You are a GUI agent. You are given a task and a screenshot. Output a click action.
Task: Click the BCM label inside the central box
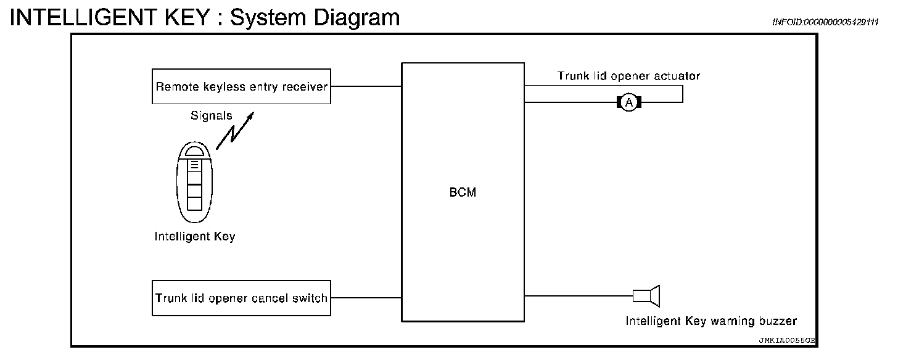click(x=463, y=192)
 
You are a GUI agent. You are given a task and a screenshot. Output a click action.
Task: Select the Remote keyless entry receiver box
click(x=241, y=86)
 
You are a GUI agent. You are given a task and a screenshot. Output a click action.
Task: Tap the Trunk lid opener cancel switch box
click(x=241, y=298)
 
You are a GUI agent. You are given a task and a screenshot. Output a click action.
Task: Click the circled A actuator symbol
click(x=628, y=102)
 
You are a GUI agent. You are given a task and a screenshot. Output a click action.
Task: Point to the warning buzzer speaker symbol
click(x=646, y=296)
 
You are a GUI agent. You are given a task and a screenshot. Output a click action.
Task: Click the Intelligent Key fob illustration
click(x=194, y=182)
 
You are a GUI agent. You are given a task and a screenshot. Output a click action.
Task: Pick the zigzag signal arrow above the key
click(x=235, y=131)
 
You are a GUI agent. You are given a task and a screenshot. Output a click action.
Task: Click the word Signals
click(x=212, y=115)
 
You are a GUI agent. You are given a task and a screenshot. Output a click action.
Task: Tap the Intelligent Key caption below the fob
click(x=195, y=237)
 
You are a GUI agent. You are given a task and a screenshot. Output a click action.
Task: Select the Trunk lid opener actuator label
click(x=628, y=76)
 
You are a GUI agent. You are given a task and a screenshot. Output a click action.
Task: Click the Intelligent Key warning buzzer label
click(x=711, y=321)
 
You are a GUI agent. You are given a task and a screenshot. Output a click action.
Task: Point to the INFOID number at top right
click(x=825, y=22)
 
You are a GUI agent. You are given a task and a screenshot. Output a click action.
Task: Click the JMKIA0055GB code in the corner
click(x=787, y=340)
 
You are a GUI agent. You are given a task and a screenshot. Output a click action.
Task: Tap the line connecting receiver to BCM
click(x=366, y=86)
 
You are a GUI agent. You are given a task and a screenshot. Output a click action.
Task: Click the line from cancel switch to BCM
click(x=366, y=298)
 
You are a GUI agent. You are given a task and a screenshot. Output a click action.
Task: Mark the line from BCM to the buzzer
click(x=579, y=296)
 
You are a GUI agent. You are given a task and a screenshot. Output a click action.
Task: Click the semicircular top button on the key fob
click(x=194, y=151)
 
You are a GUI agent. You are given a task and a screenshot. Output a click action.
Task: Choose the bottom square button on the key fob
click(x=194, y=203)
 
